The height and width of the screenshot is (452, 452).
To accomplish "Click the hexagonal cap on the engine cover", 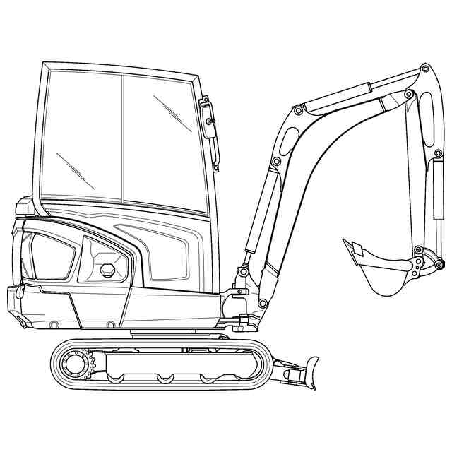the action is pyautogui.click(x=107, y=270).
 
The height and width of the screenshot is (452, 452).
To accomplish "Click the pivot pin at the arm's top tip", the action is pyautogui.click(x=425, y=69).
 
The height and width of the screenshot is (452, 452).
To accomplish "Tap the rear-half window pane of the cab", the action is pyautogui.click(x=81, y=134).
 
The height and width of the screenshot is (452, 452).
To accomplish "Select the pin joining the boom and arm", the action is pyautogui.click(x=408, y=95).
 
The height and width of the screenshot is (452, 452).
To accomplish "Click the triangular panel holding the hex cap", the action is pyautogui.click(x=105, y=261).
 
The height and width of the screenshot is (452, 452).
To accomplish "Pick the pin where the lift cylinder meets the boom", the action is pyautogui.click(x=277, y=162).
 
